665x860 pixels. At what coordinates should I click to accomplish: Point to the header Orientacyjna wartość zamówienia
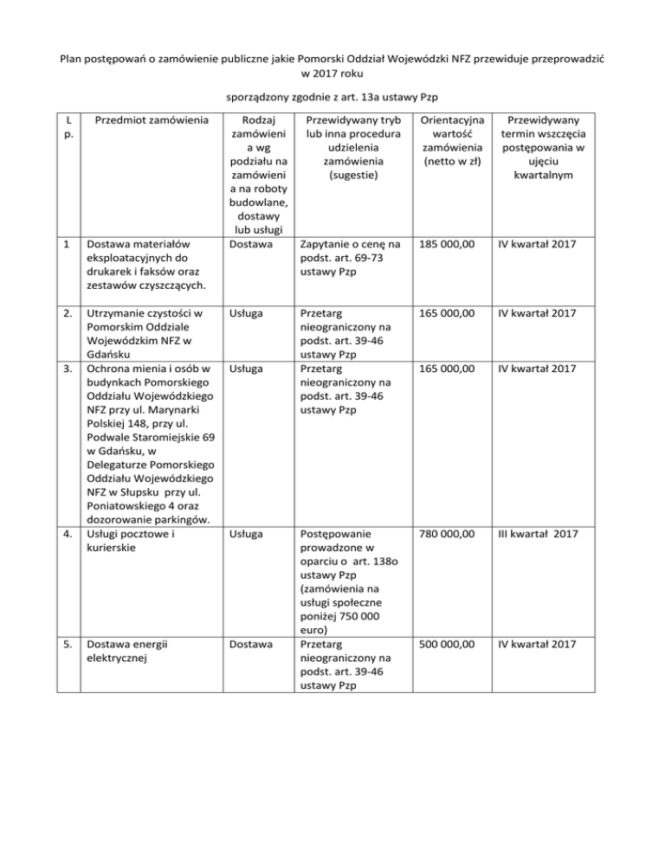[451, 143]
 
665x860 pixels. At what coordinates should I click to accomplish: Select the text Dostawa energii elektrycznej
[126, 651]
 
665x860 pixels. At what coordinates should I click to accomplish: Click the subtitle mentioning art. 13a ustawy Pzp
[332, 95]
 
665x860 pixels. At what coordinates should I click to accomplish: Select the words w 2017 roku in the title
[332, 74]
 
